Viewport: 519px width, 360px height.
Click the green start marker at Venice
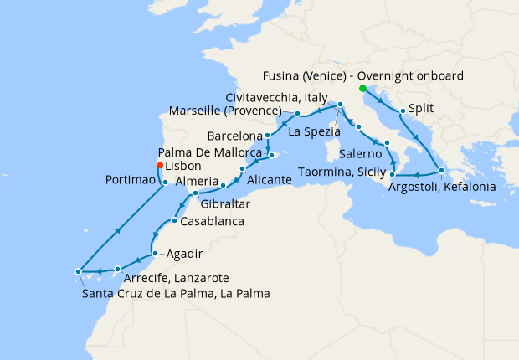click(x=362, y=88)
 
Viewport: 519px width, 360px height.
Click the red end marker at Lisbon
click(x=159, y=165)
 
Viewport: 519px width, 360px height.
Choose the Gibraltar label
click(x=224, y=203)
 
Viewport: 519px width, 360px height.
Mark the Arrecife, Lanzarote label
click(x=176, y=278)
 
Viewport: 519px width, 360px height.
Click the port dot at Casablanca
click(x=173, y=221)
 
